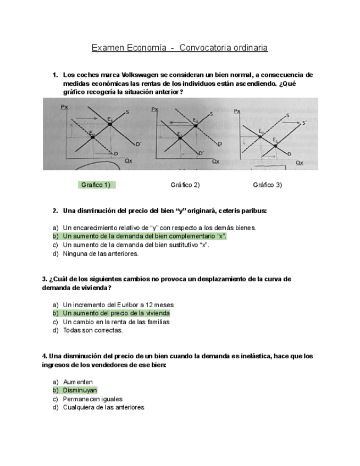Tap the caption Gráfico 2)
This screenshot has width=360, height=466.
[x=185, y=185]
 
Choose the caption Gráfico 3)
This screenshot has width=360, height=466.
[x=267, y=185]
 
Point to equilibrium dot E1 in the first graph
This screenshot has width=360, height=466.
[x=110, y=124]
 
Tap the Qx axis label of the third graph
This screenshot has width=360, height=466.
[x=299, y=163]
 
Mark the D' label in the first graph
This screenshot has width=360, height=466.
[x=139, y=143]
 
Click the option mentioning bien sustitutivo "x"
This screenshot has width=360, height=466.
[x=136, y=245]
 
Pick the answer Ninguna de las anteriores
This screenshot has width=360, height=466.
[x=101, y=254]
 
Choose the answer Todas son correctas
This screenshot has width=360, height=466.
[x=93, y=330]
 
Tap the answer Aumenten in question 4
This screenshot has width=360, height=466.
[x=77, y=381]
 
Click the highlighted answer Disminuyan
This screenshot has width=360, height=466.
[x=80, y=390]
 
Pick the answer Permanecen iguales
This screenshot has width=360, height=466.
[x=92, y=399]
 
